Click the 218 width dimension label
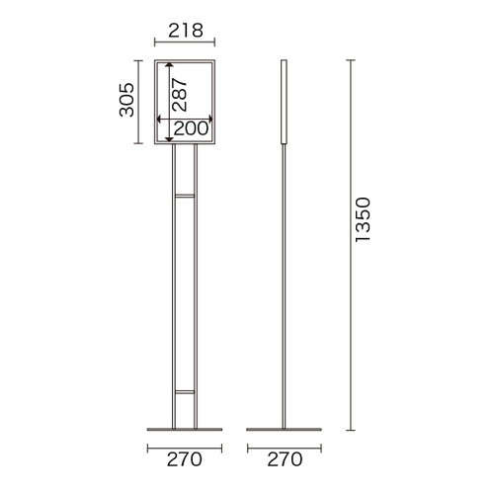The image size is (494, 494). point(186,31)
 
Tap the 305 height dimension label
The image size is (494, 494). point(126,100)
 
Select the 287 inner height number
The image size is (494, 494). point(180,94)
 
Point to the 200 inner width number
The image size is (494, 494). point(191,128)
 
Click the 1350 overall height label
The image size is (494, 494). point(363,219)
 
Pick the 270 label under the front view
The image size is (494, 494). point(185,459)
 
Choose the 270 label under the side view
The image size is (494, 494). point(285,459)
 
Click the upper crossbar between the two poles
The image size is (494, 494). point(185,196)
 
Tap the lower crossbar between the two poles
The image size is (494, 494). point(185,392)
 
